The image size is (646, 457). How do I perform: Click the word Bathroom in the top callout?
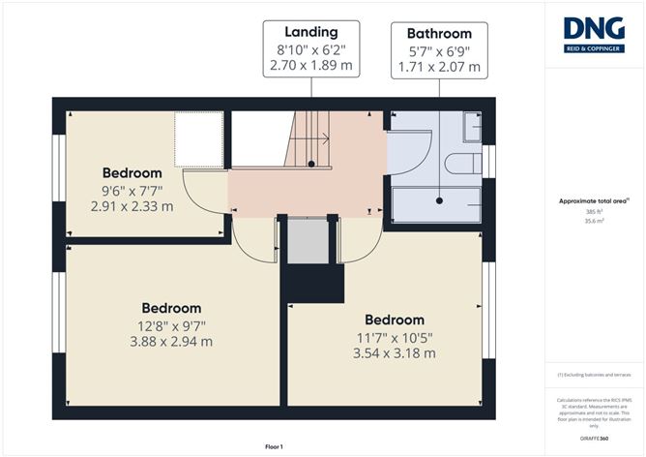(x=439, y=33)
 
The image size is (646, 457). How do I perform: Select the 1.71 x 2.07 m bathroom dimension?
(x=439, y=69)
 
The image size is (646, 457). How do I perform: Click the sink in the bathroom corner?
(x=472, y=127)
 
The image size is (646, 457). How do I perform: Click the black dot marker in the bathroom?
(x=439, y=201)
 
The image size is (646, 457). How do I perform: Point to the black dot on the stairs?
(x=310, y=165)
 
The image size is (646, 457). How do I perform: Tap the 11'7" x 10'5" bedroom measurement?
(x=395, y=337)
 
